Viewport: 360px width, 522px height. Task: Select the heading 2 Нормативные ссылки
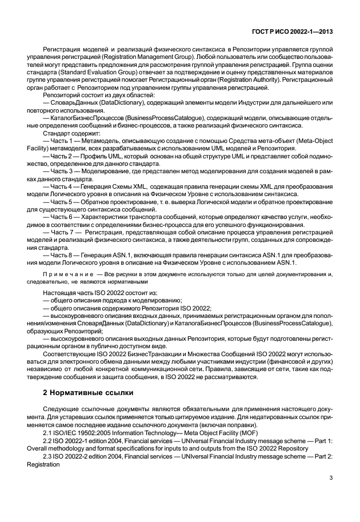(88, 393)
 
